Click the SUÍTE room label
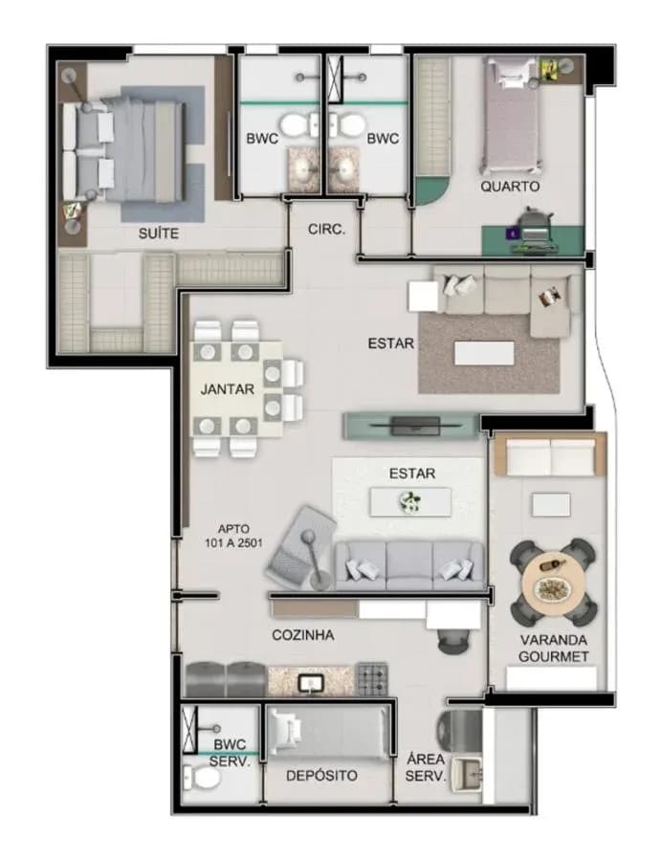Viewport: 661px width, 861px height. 158,233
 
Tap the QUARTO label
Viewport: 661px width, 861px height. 510,187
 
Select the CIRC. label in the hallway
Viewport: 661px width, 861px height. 326,229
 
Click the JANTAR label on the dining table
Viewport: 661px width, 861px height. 228,389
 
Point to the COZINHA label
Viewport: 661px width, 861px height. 303,635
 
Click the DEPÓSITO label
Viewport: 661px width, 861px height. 321,775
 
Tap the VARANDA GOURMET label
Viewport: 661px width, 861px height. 554,648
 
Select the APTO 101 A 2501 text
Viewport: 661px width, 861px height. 233,536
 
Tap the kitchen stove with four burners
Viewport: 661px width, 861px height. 372,679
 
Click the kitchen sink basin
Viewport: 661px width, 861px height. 311,683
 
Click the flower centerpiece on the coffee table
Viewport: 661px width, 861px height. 409,501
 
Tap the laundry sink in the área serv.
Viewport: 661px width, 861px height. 466,774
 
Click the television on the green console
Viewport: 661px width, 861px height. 415,425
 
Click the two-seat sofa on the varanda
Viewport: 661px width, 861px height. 551,457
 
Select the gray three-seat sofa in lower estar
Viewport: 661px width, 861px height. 409,565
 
